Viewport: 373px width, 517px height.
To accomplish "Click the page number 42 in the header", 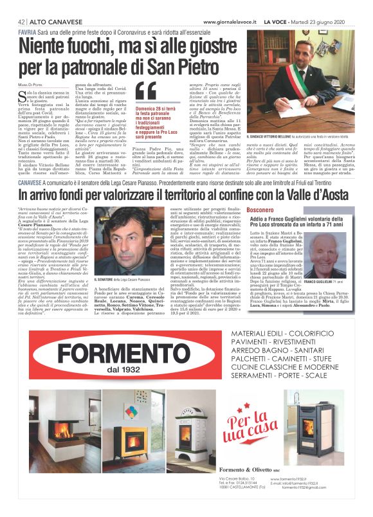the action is (22, 22).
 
